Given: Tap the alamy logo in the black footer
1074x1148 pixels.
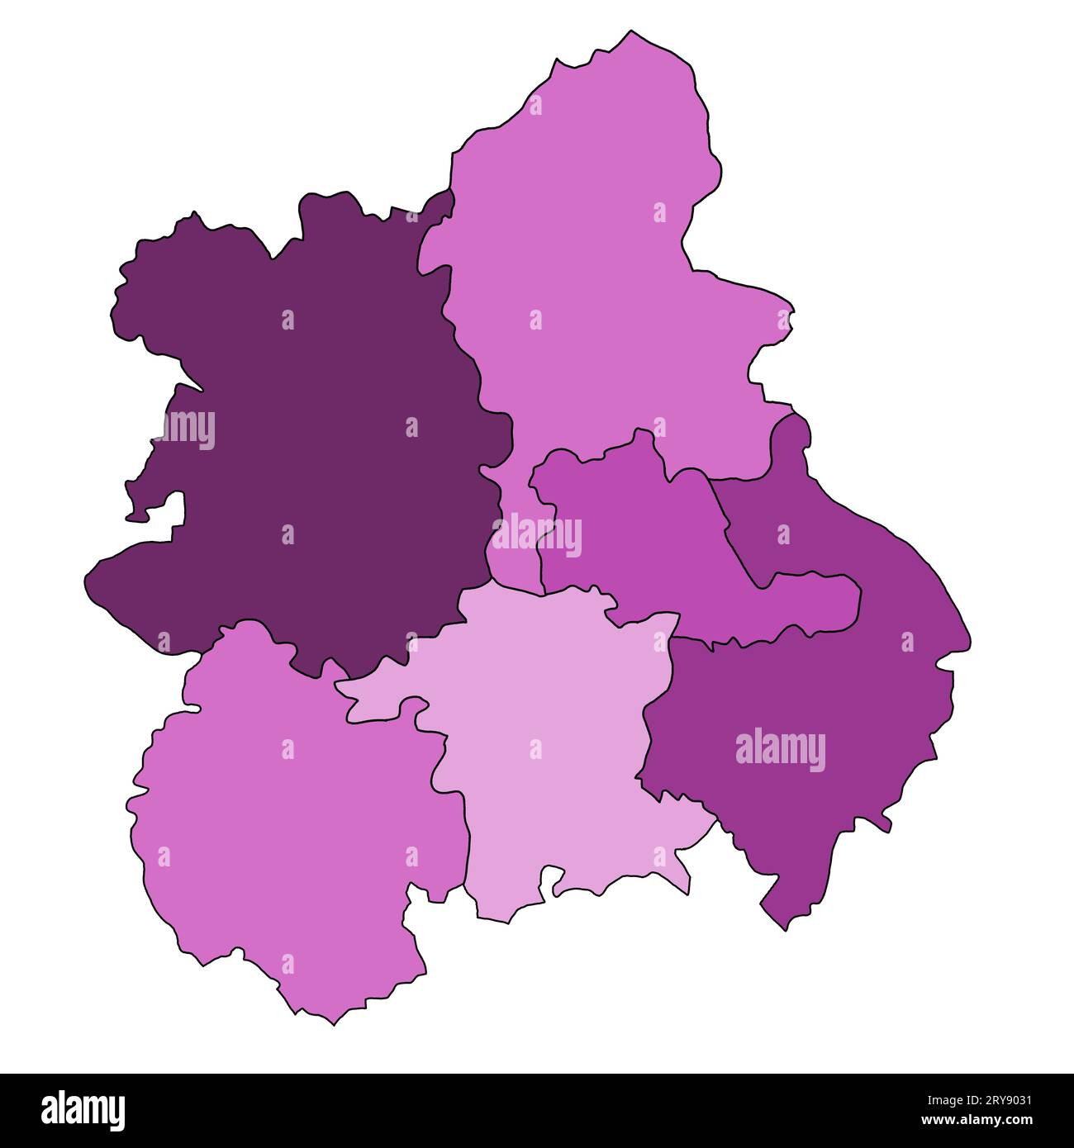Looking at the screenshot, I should pyautogui.click(x=83, y=1111).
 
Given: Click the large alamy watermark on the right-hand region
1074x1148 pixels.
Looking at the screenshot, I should pyautogui.click(x=780, y=749).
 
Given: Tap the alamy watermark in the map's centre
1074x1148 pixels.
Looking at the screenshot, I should pyautogui.click(x=537, y=534).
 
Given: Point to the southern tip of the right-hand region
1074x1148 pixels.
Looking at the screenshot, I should pyautogui.click(x=785, y=930).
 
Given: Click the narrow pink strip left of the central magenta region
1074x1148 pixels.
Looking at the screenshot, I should pyautogui.click(x=516, y=553).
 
